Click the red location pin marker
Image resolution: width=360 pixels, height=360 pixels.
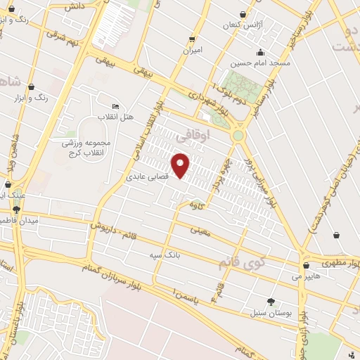pos(181,165)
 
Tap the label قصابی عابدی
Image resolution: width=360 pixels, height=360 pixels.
pos(149,178)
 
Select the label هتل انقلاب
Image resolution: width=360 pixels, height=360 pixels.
pos(110,115)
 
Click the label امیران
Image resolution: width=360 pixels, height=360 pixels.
pos(192,50)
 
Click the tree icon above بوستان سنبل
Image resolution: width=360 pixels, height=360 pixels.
pos(271,301)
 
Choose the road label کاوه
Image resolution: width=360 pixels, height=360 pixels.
pos(196,204)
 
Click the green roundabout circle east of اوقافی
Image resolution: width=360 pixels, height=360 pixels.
pos(238,134)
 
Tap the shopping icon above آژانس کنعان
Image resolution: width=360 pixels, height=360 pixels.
pos(243,14)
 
